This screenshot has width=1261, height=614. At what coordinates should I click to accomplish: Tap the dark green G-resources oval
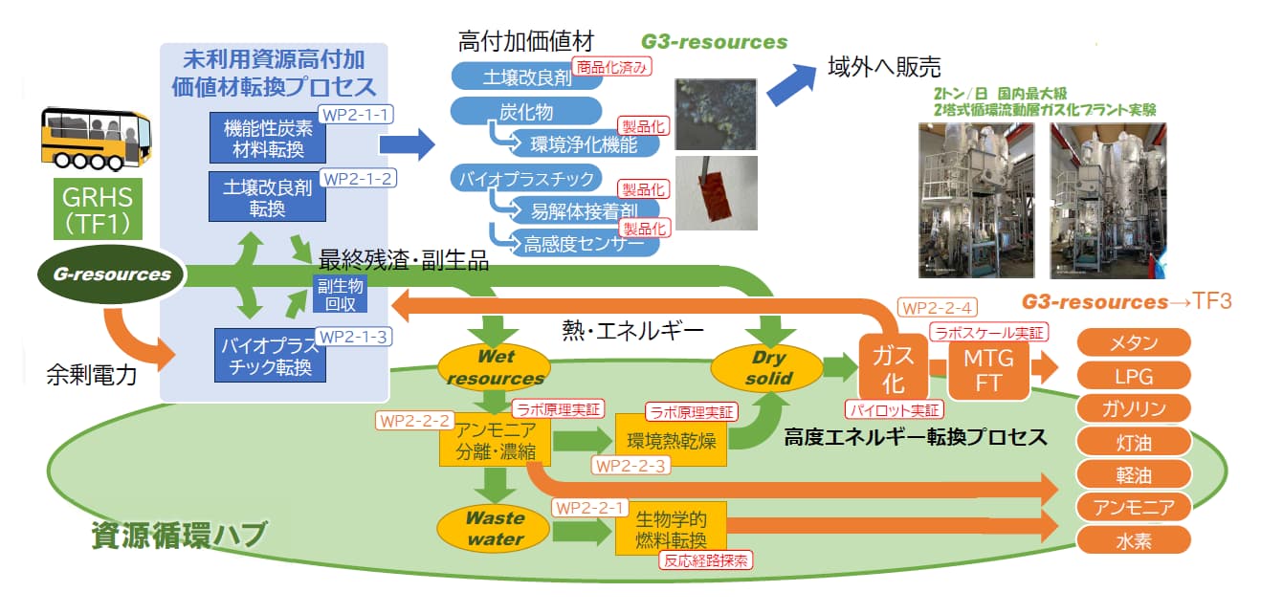point(112,274)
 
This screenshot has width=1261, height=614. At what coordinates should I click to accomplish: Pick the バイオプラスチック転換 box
point(267,355)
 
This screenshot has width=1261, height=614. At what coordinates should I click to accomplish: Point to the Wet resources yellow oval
point(494,366)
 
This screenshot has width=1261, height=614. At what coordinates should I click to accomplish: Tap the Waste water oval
point(494,528)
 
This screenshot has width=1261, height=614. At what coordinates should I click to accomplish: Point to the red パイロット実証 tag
point(894,410)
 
